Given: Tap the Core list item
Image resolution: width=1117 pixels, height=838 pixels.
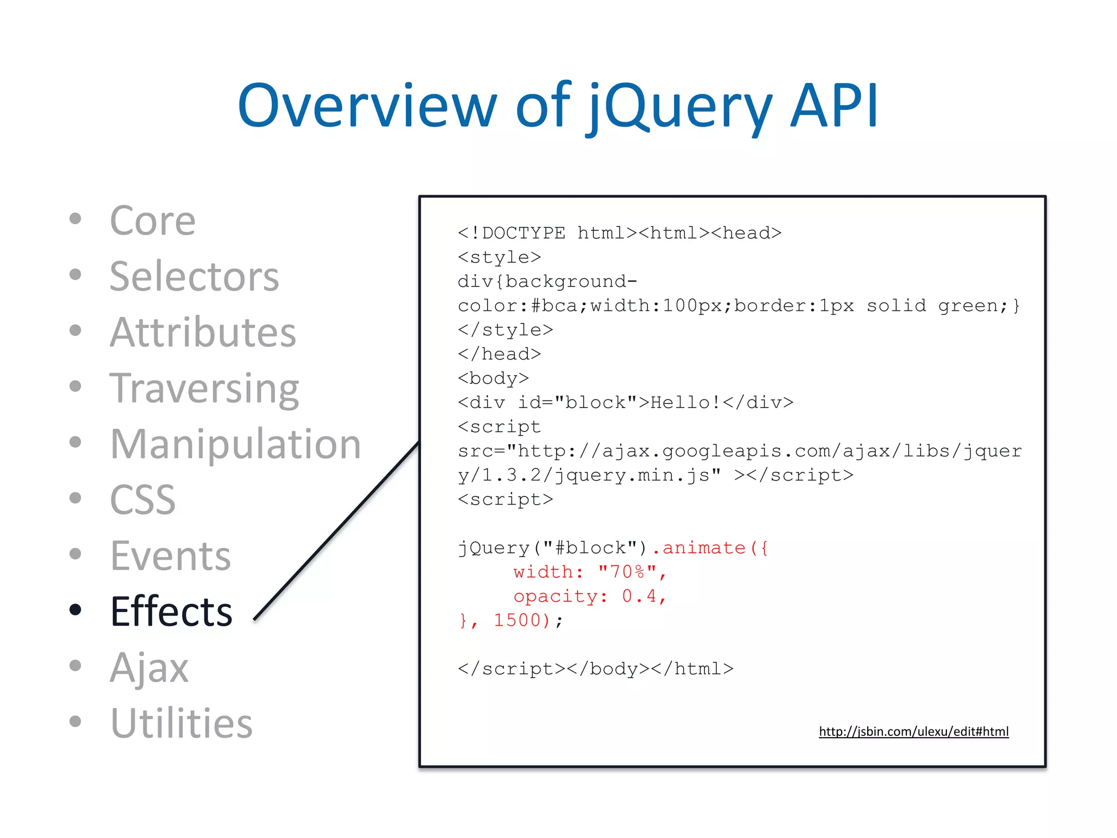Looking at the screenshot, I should pyautogui.click(x=152, y=221).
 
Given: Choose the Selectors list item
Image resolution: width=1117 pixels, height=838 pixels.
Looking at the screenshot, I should pyautogui.click(x=194, y=277).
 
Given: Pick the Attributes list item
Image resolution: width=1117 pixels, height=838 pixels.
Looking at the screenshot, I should pyautogui.click(x=202, y=332).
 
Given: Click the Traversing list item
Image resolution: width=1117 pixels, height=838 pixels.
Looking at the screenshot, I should pyautogui.click(x=204, y=388).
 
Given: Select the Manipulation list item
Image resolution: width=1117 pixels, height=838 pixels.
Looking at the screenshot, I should pyautogui.click(x=235, y=444).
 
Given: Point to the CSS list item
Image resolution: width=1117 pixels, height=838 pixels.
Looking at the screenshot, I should pyautogui.click(x=142, y=500).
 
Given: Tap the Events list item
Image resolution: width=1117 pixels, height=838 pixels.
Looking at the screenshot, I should pyautogui.click(x=170, y=556).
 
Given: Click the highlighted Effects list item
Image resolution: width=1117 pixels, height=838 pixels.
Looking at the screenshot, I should pyautogui.click(x=171, y=612).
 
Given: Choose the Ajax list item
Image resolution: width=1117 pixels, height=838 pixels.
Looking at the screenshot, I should pyautogui.click(x=149, y=667).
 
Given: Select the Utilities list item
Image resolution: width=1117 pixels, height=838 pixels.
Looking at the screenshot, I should pyautogui.click(x=181, y=723).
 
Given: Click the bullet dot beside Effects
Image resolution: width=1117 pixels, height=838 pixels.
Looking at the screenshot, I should pyautogui.click(x=75, y=610).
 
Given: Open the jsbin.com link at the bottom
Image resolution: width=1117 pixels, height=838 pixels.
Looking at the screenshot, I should pyautogui.click(x=914, y=732).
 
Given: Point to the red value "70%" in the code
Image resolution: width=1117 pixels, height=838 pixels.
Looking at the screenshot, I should pyautogui.click(x=627, y=572).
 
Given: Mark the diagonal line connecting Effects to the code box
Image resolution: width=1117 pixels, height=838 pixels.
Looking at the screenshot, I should pyautogui.click(x=337, y=530).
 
